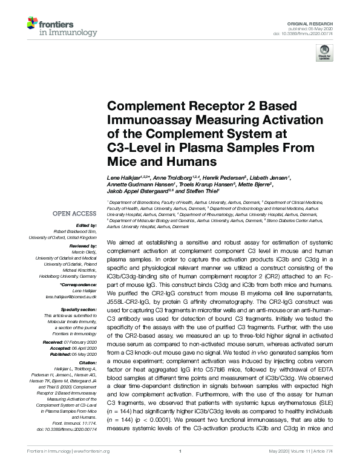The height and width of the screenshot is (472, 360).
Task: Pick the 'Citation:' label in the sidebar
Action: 85,364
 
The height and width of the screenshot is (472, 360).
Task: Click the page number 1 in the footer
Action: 180,468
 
